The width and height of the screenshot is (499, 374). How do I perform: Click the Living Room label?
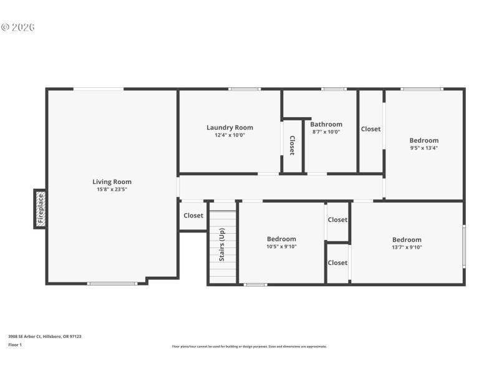click(x=112, y=182)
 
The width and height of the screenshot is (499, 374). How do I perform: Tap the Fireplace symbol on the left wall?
click(x=40, y=209)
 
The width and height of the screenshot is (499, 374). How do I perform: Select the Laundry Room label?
click(x=230, y=128)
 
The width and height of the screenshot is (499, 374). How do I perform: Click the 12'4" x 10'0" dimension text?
click(x=230, y=135)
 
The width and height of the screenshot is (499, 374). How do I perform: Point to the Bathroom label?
click(x=326, y=125)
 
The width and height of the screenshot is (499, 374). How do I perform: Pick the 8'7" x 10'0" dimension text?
click(x=326, y=132)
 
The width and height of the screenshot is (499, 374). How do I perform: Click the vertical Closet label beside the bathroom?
click(x=292, y=145)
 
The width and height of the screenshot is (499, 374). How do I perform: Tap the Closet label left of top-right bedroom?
click(x=371, y=129)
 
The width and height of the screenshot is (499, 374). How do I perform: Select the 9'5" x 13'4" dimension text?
click(x=424, y=148)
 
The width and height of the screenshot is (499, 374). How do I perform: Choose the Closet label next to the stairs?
click(x=193, y=216)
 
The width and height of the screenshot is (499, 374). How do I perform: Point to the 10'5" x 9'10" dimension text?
click(x=281, y=246)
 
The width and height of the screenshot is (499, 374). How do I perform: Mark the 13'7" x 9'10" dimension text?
click(x=407, y=247)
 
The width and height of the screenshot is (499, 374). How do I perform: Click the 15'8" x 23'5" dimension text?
click(x=112, y=189)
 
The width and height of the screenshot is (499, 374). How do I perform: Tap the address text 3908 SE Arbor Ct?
click(x=44, y=337)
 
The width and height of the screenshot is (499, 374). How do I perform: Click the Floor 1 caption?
click(x=14, y=345)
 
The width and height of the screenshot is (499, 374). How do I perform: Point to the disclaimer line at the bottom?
click(x=249, y=347)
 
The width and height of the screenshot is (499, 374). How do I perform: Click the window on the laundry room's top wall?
click(x=245, y=89)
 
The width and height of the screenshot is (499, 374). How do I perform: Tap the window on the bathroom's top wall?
click(x=334, y=89)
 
